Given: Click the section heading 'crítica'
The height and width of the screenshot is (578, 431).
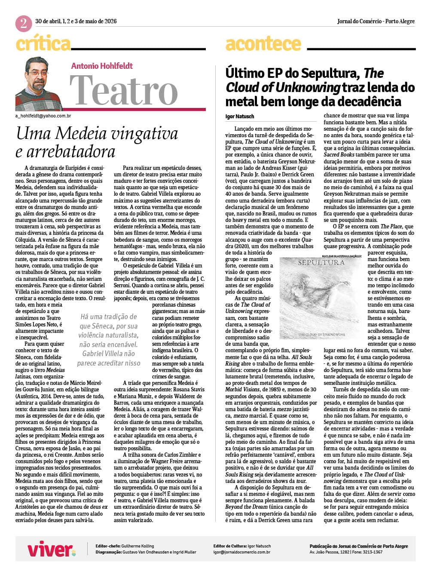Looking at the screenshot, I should (x=43, y=44).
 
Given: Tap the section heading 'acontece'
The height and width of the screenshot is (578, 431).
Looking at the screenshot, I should (x=263, y=44).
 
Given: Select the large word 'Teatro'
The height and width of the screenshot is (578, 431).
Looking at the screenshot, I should (x=124, y=90).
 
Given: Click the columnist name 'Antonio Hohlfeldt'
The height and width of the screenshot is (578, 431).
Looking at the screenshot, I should (x=102, y=66).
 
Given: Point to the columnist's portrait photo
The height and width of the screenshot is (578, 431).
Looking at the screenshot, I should (x=39, y=84).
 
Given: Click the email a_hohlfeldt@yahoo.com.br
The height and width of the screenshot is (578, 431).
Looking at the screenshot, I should (x=43, y=116).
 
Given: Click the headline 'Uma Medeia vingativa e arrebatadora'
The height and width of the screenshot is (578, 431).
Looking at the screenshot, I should (x=97, y=142).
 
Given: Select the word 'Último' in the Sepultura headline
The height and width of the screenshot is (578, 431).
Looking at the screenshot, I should (x=245, y=74).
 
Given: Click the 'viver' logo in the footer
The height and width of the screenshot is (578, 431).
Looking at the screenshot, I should (x=51, y=549).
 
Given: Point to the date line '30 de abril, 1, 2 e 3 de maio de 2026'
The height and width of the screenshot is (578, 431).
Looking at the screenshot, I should (x=76, y=21).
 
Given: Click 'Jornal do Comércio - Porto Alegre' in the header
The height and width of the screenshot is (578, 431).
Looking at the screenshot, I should (x=376, y=21).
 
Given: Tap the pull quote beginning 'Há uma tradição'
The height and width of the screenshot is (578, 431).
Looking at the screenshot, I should (x=109, y=340).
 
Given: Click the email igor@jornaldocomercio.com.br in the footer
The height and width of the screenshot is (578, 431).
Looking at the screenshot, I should (x=241, y=552).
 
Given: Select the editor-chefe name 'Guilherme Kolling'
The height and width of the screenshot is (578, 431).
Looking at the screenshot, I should (x=138, y=546).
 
